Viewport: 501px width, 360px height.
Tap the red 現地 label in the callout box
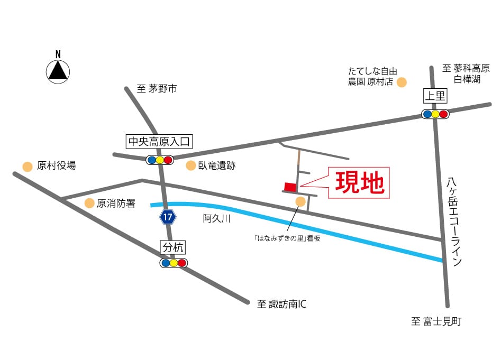click(359, 183)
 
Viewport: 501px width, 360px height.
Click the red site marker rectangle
click(290, 187)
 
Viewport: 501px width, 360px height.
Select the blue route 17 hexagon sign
click(167, 217)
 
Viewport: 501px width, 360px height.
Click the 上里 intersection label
click(435, 96)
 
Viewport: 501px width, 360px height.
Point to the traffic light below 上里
click(435, 114)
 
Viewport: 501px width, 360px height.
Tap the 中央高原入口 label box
click(159, 142)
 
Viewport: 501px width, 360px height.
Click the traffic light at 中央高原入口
click(159, 160)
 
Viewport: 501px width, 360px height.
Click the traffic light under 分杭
click(174, 263)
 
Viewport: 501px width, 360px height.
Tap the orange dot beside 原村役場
click(27, 166)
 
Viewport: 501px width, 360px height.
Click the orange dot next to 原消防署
click(89, 203)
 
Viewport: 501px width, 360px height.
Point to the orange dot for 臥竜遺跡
click(190, 166)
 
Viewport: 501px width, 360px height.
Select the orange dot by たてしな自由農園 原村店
click(402, 82)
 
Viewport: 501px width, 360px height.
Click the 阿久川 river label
click(217, 218)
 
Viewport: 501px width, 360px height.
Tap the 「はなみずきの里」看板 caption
click(287, 238)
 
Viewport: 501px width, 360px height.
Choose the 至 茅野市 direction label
click(157, 89)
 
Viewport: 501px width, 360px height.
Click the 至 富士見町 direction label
click(436, 321)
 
